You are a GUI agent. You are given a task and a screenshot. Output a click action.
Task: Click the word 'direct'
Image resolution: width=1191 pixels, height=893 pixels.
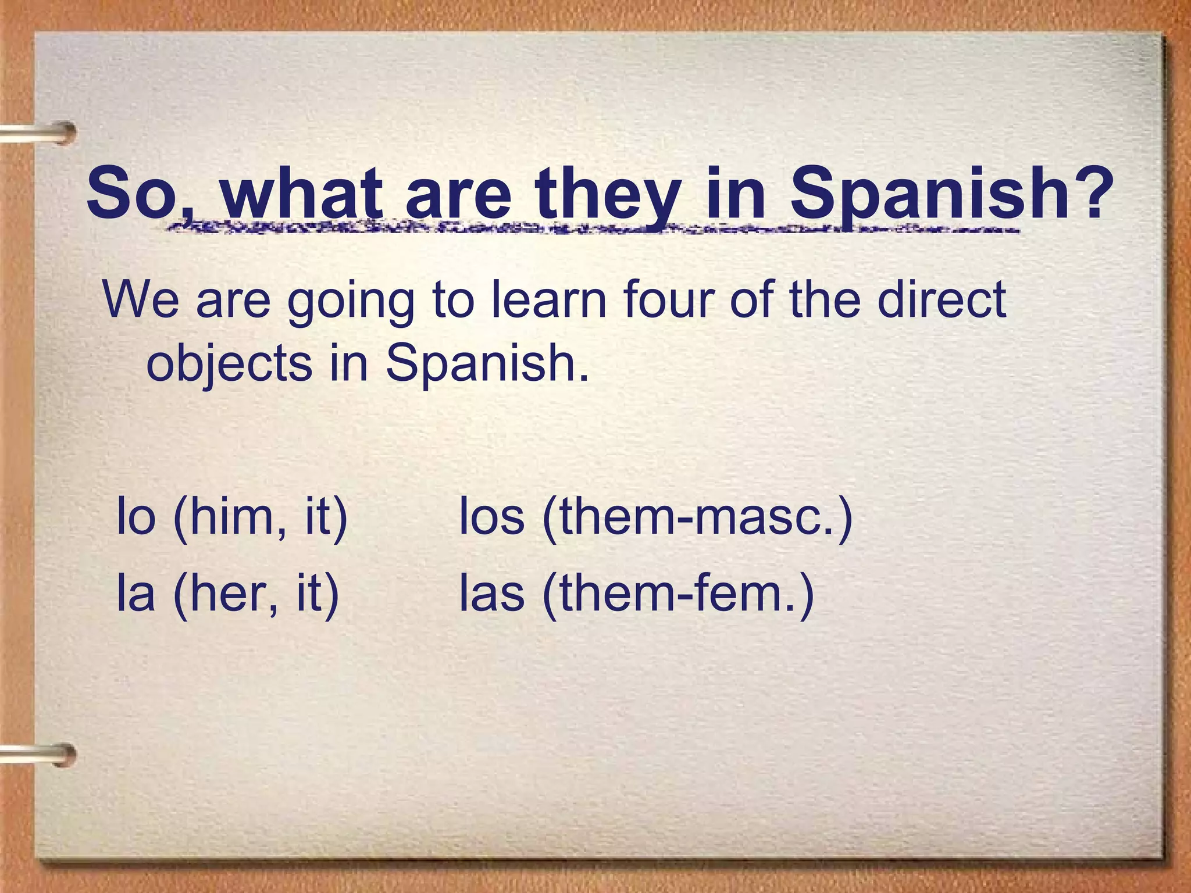click(942, 299)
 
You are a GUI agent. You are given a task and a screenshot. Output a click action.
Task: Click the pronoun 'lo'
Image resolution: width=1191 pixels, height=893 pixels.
click(136, 516)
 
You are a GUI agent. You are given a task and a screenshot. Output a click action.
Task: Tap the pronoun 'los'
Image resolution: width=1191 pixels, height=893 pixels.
click(491, 516)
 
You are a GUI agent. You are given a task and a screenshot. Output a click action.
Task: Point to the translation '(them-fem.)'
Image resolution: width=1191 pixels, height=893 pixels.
click(678, 594)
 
